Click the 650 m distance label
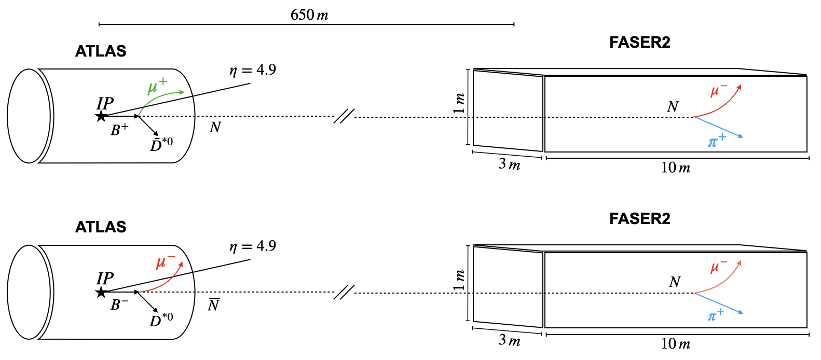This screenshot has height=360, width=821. [309, 15]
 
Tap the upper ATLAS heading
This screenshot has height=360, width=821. [101, 51]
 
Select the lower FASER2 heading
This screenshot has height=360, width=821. [639, 218]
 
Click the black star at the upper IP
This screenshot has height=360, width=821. [101, 117]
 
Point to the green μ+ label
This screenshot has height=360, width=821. [157, 87]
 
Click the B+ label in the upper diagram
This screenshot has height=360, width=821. [120, 130]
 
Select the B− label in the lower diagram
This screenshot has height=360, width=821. [119, 305]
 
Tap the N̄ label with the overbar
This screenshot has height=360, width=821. [214, 304]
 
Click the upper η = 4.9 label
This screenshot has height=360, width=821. [253, 70]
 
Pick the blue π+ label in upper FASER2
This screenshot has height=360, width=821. [717, 141]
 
